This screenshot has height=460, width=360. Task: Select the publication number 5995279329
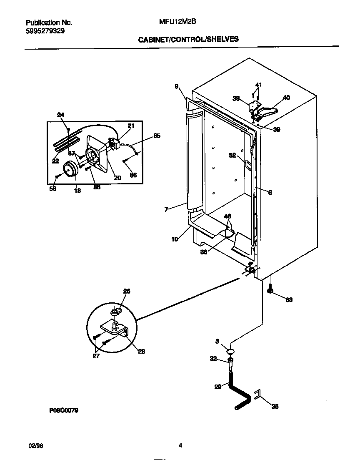click(45, 31)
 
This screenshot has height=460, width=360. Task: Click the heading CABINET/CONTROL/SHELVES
click(188, 39)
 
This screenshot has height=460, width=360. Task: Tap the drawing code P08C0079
click(64, 410)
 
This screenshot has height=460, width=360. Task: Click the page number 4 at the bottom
click(180, 445)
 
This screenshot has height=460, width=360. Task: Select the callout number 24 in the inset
click(61, 115)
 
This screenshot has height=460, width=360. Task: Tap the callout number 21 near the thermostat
click(131, 126)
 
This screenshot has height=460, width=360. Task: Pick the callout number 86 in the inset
click(133, 175)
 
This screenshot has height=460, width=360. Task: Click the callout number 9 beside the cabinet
click(177, 86)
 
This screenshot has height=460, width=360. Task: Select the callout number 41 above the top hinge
click(258, 85)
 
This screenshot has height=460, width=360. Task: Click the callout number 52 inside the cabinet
click(232, 155)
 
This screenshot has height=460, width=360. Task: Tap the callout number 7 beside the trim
click(166, 210)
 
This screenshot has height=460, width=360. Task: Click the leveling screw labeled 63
click(270, 290)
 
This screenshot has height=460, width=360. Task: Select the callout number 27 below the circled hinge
click(96, 357)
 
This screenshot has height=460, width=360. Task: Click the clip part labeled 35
click(257, 395)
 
